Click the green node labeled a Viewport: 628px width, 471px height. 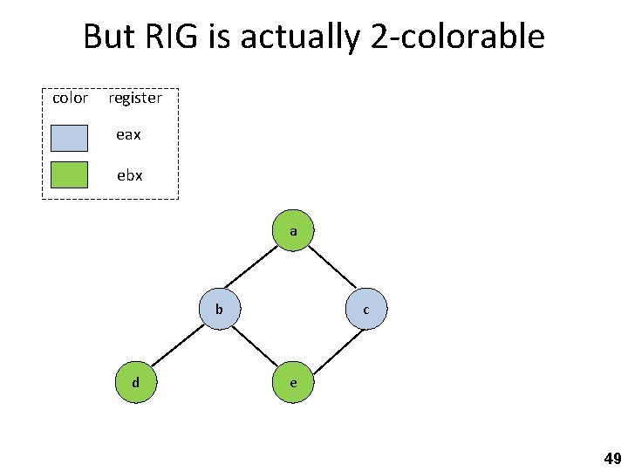[293, 231]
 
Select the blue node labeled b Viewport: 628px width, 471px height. [220, 308]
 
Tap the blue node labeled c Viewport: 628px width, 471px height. [366, 309]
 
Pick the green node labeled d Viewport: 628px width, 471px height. [136, 382]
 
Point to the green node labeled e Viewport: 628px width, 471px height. [293, 382]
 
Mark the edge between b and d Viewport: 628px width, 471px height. [178, 345]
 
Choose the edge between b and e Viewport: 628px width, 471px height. [256, 345]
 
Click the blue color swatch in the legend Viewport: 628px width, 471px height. [69, 138]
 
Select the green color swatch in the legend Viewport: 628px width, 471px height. [69, 174]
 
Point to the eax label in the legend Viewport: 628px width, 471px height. [129, 135]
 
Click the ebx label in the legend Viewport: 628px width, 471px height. [130, 174]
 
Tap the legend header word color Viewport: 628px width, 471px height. [70, 98]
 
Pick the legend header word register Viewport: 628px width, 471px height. [135, 99]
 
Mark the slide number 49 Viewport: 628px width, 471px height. [612, 459]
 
